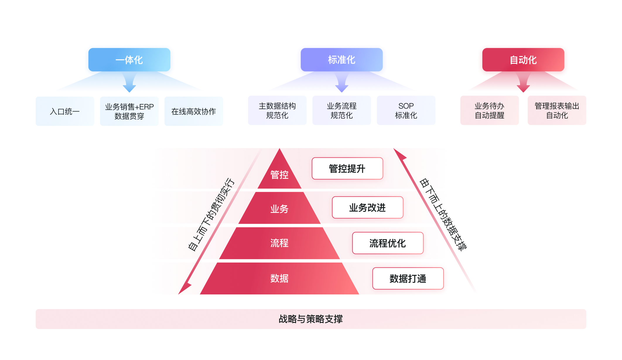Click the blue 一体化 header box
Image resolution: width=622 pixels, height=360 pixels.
click(x=129, y=60)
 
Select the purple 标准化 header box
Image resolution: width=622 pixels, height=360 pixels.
click(x=341, y=60)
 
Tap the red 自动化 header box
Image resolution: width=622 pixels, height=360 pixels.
click(x=523, y=60)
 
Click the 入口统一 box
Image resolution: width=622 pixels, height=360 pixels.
click(x=65, y=112)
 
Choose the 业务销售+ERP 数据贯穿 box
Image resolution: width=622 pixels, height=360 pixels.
click(x=129, y=112)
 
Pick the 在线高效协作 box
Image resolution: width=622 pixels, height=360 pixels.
click(x=194, y=112)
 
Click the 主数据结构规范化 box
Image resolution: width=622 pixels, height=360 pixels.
click(x=277, y=111)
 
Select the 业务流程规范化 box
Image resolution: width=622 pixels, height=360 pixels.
click(x=341, y=111)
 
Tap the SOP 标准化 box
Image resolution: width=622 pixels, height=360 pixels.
click(x=406, y=111)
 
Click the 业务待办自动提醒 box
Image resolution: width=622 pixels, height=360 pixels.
click(x=489, y=111)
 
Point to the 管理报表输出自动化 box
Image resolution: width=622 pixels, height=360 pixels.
click(x=557, y=111)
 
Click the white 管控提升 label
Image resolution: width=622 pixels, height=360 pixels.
click(x=347, y=169)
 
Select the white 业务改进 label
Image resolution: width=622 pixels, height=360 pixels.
click(x=368, y=208)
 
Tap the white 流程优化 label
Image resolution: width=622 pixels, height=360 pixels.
click(x=388, y=243)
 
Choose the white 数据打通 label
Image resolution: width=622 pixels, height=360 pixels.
click(x=408, y=279)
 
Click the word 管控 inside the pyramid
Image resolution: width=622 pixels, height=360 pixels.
click(x=279, y=175)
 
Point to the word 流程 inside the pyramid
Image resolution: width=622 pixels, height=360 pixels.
click(x=279, y=243)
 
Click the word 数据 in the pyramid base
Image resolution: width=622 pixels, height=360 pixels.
click(x=279, y=278)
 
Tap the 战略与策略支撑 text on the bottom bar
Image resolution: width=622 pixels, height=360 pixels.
click(x=311, y=319)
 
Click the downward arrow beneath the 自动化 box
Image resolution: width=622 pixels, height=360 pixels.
click(x=523, y=83)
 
